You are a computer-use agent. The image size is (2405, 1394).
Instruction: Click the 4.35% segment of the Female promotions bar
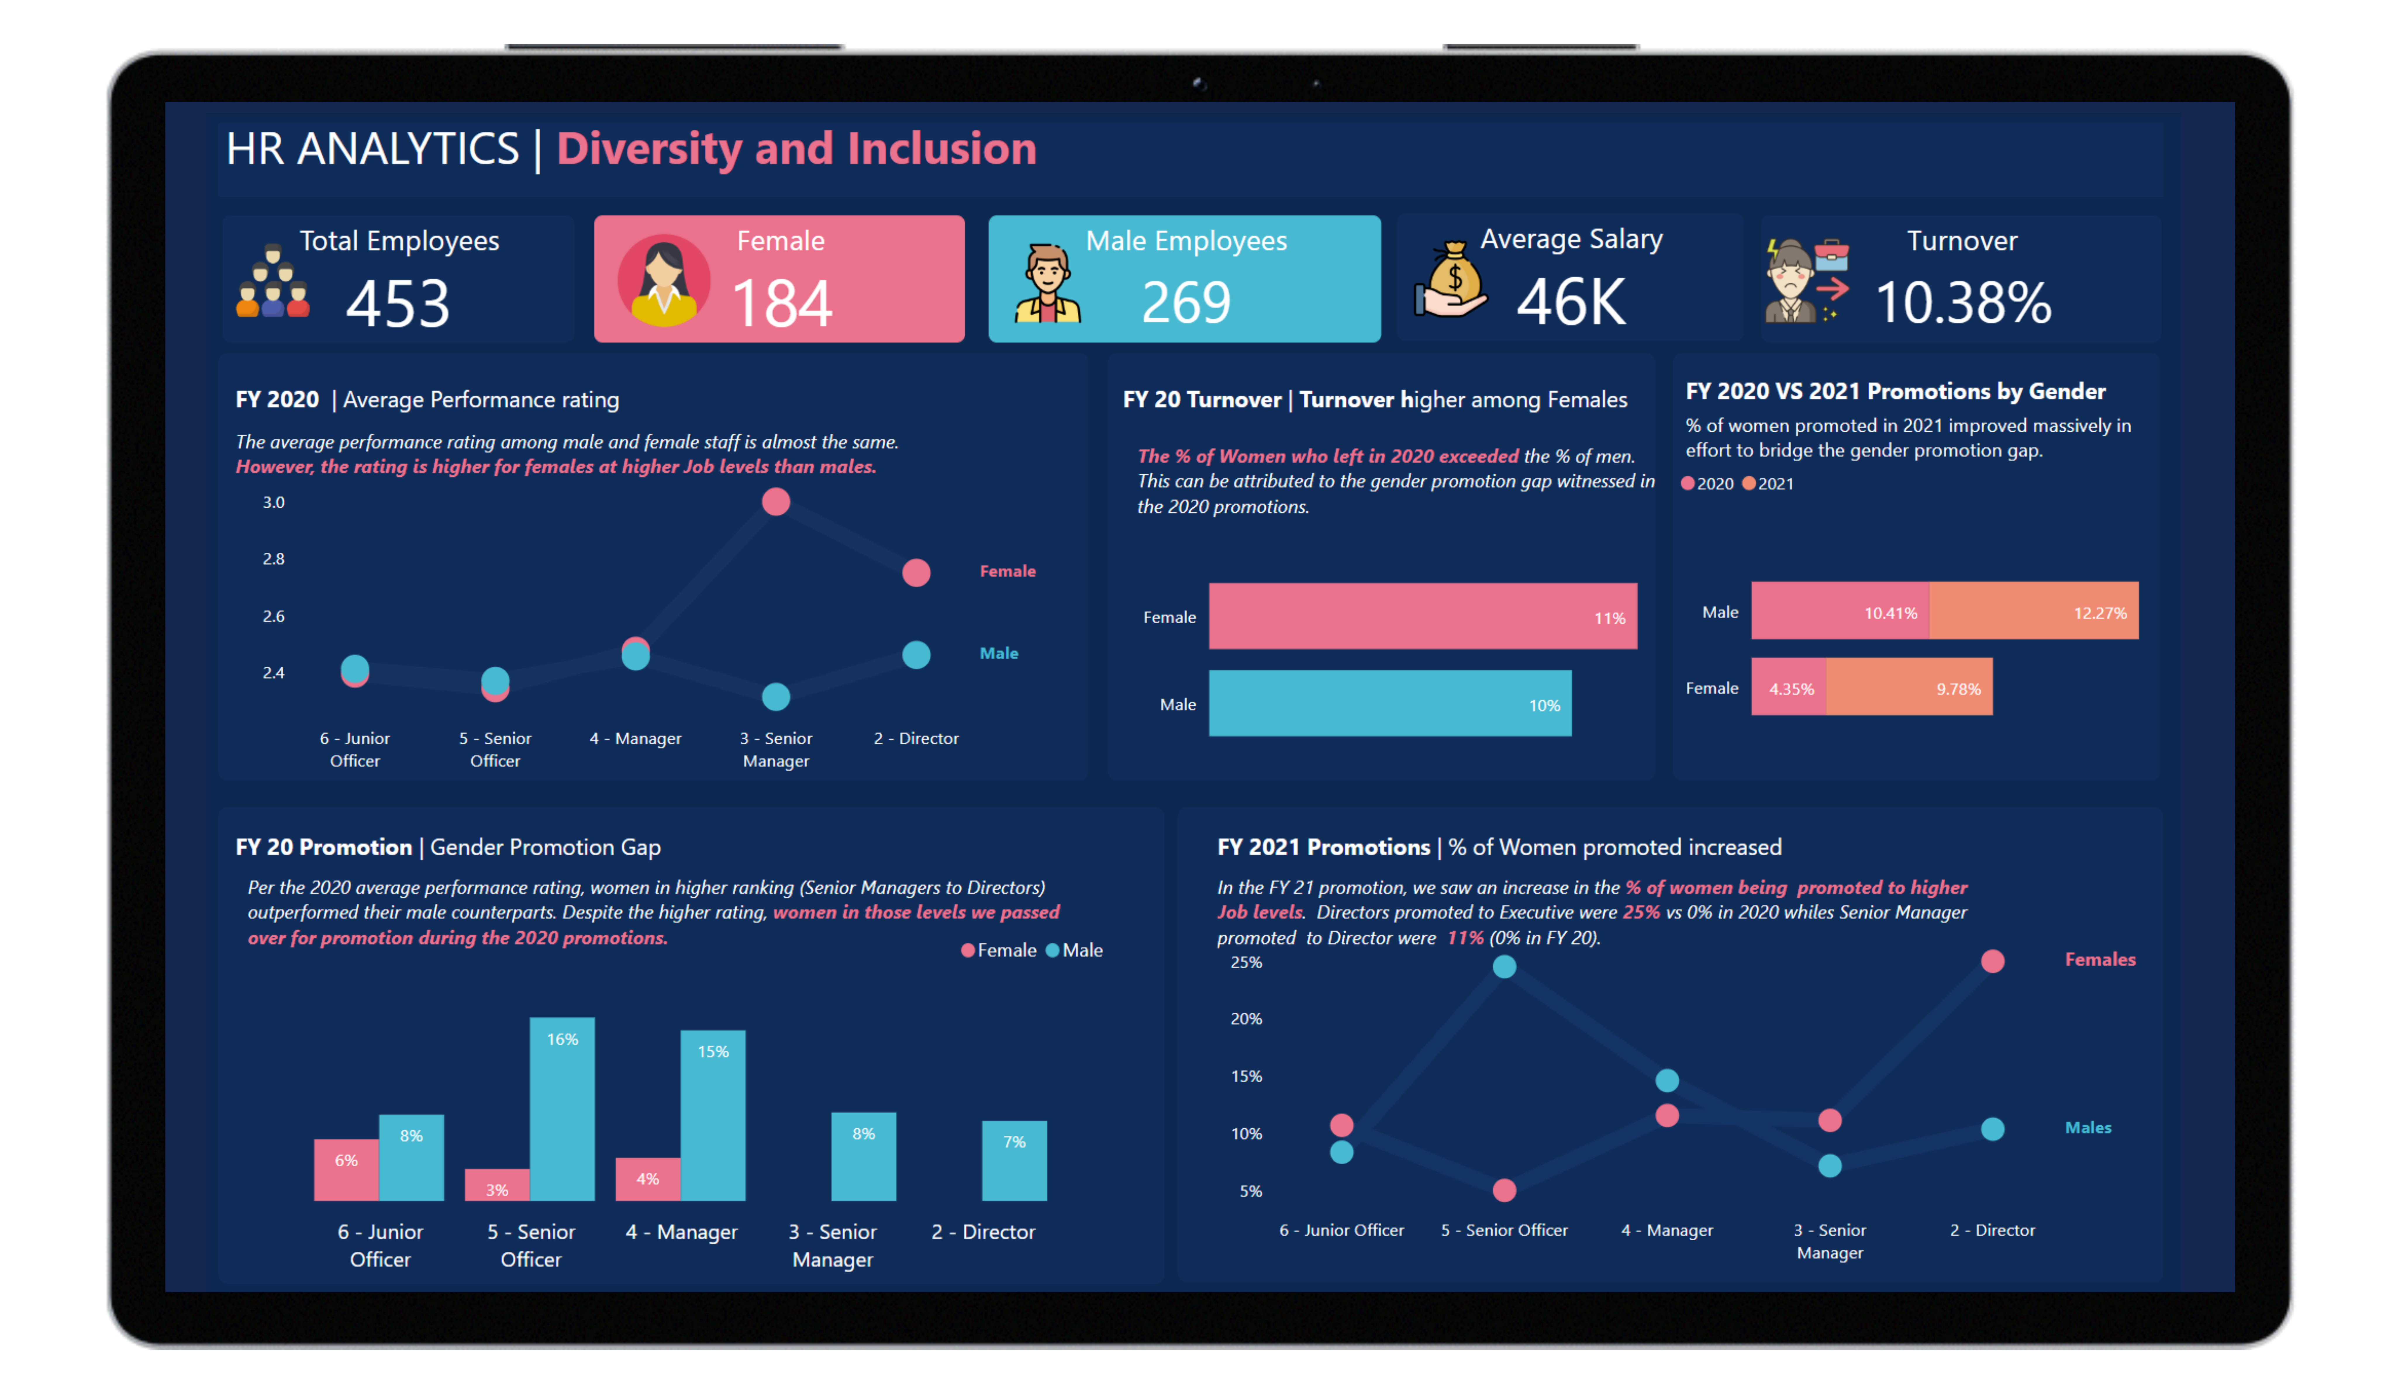tap(1788, 687)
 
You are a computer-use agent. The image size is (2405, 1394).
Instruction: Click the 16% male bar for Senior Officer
tap(562, 1109)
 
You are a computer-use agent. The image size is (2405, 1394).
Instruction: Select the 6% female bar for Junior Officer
tap(346, 1170)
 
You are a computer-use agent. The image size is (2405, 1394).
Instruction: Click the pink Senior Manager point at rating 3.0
tap(776, 502)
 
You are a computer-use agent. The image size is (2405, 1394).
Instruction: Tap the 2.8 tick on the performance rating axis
tap(274, 559)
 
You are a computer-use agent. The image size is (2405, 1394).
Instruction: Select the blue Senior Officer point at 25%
tap(1504, 966)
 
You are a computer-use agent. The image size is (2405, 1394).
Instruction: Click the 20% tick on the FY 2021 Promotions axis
tap(1246, 1019)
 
